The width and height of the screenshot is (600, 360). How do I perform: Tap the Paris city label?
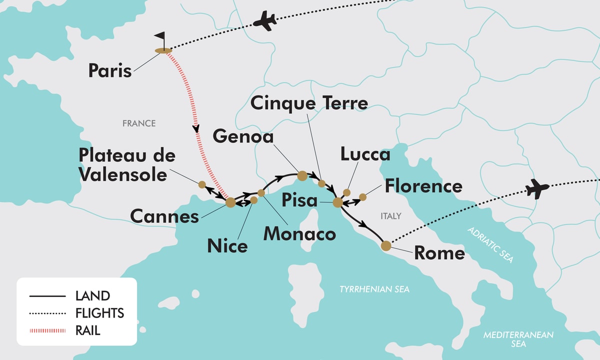point(110,70)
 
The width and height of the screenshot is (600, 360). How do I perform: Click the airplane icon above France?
point(265,21)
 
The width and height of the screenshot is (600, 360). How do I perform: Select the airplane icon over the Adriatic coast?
point(537,188)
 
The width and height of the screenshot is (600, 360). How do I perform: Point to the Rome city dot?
point(386,246)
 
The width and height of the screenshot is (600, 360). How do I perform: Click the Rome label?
point(439,253)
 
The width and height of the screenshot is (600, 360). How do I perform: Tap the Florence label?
point(423,186)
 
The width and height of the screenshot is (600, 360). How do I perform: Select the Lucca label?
point(365,154)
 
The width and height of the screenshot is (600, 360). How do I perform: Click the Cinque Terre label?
point(309,103)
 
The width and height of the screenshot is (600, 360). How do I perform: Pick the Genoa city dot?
point(302,175)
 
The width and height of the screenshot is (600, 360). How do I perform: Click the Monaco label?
point(299,233)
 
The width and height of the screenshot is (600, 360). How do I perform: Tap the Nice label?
point(227,246)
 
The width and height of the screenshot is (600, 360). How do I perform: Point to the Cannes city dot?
point(230,202)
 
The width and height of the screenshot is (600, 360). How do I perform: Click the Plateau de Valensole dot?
point(202,184)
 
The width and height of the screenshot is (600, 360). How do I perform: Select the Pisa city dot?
point(338,202)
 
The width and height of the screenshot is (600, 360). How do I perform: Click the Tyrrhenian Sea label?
point(374,289)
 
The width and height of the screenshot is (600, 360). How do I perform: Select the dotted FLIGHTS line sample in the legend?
point(48,313)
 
